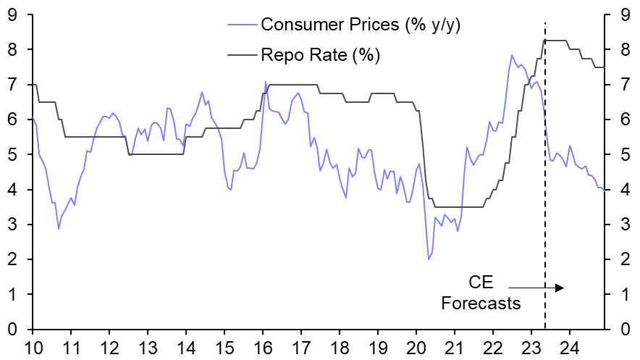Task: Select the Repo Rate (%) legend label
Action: point(320,54)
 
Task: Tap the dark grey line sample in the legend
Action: point(240,54)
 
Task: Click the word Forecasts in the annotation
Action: point(481,303)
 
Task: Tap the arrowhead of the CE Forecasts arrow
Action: point(560,288)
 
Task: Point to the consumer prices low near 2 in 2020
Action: point(429,259)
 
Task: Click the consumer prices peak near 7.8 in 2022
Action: point(512,55)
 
